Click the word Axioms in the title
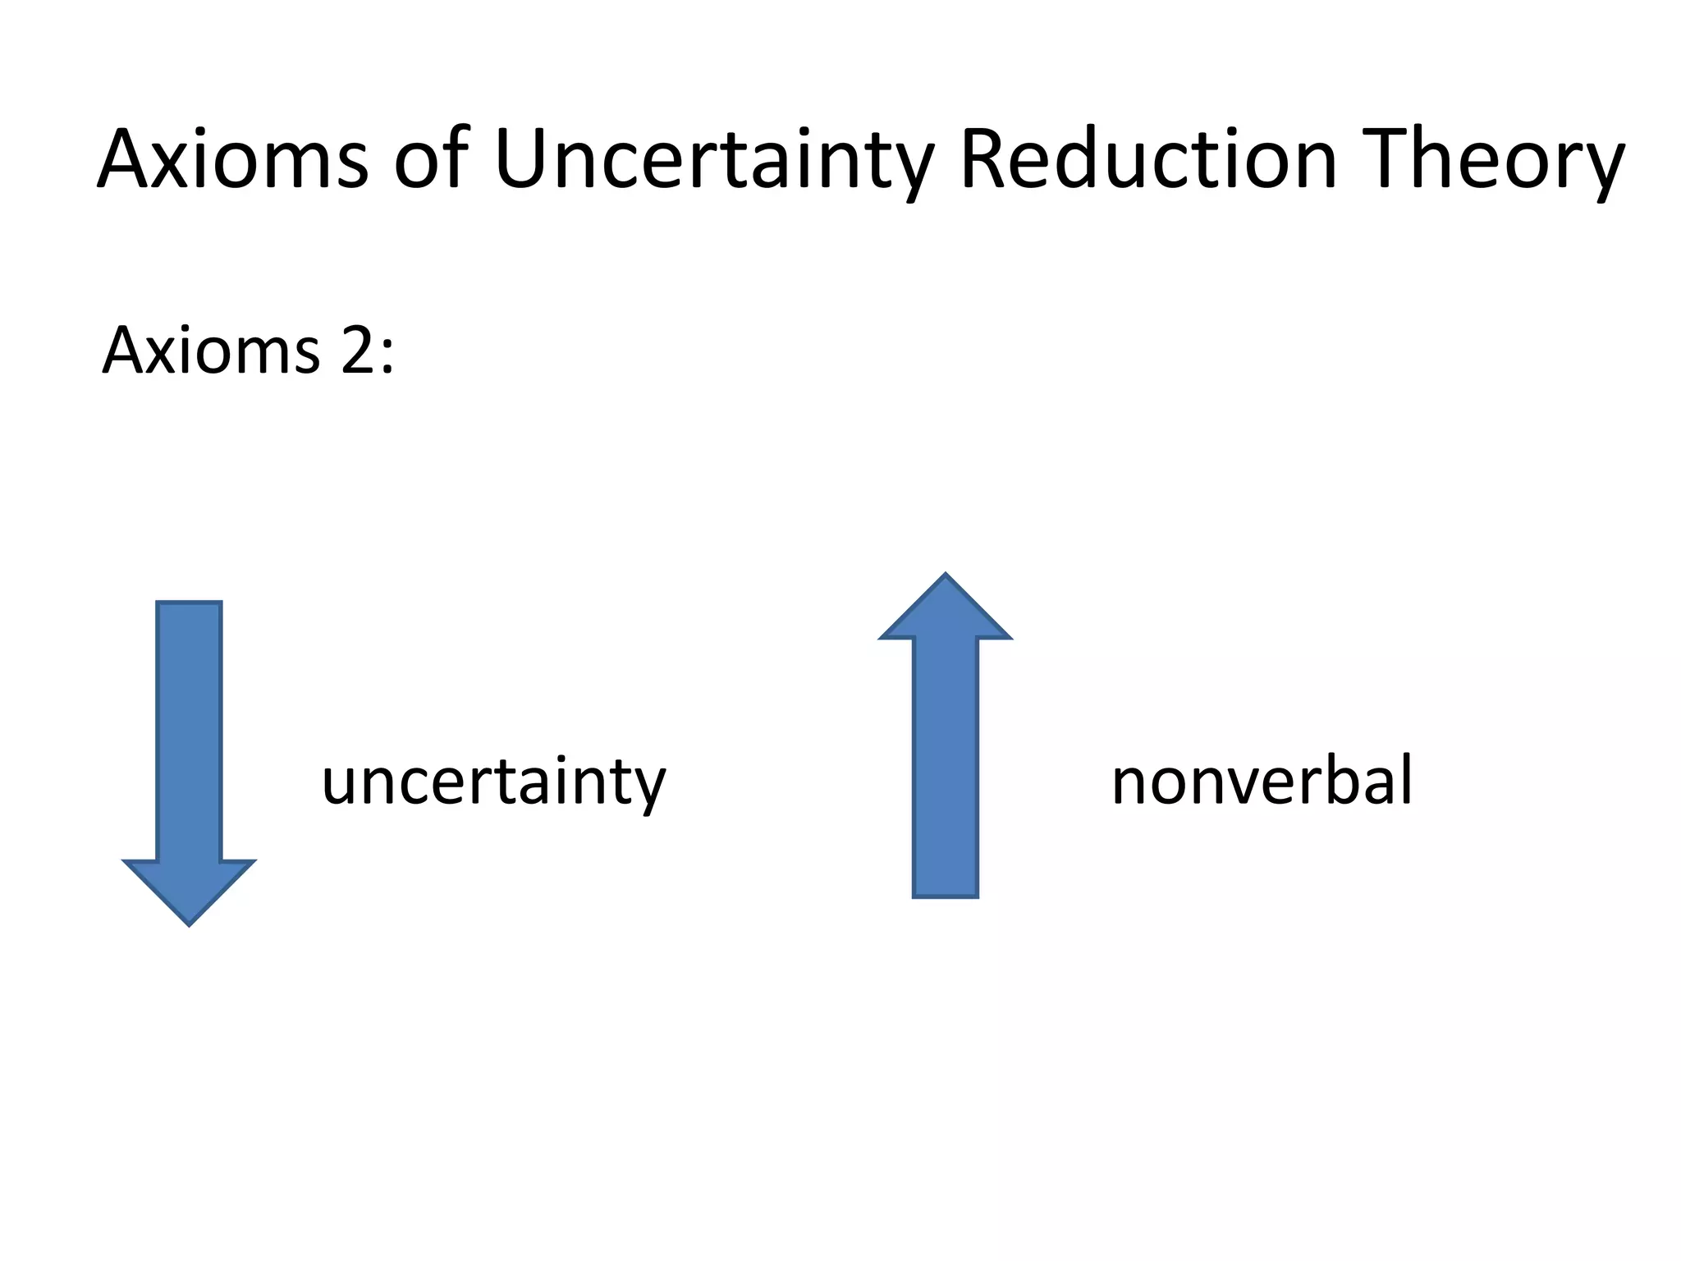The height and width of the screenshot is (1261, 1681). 233,159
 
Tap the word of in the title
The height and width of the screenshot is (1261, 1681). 432,159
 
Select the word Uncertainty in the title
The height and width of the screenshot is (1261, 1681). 714,161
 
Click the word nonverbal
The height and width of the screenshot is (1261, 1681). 1262,780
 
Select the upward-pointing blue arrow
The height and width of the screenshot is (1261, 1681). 945,739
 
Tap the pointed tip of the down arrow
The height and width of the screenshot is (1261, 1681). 189,921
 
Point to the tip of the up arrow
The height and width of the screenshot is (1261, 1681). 946,578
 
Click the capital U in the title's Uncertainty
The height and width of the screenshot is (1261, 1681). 527,159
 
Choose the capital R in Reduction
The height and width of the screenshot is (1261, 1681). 989,159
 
